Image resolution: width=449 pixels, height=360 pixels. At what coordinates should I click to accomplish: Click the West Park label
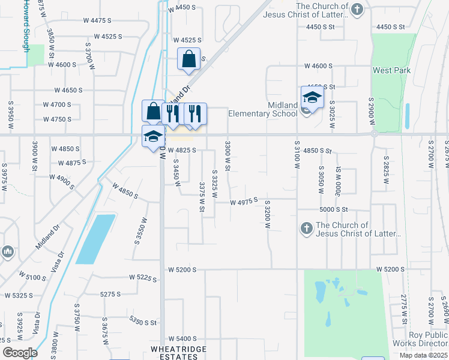[391, 71]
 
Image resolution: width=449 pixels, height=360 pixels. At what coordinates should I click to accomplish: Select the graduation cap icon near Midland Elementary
[312, 97]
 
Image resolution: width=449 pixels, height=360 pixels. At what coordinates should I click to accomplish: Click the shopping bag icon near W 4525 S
[188, 59]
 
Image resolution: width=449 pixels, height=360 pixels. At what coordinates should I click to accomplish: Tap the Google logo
[20, 353]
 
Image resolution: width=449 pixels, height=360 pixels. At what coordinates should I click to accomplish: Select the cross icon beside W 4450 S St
[357, 9]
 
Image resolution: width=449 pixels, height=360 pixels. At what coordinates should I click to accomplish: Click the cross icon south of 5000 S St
[306, 228]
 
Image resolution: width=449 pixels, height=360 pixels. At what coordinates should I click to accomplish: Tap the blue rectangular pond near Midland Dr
[95, 239]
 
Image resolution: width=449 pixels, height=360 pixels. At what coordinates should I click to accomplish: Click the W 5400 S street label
[182, 339]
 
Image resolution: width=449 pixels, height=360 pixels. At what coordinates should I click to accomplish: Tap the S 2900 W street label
[372, 112]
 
